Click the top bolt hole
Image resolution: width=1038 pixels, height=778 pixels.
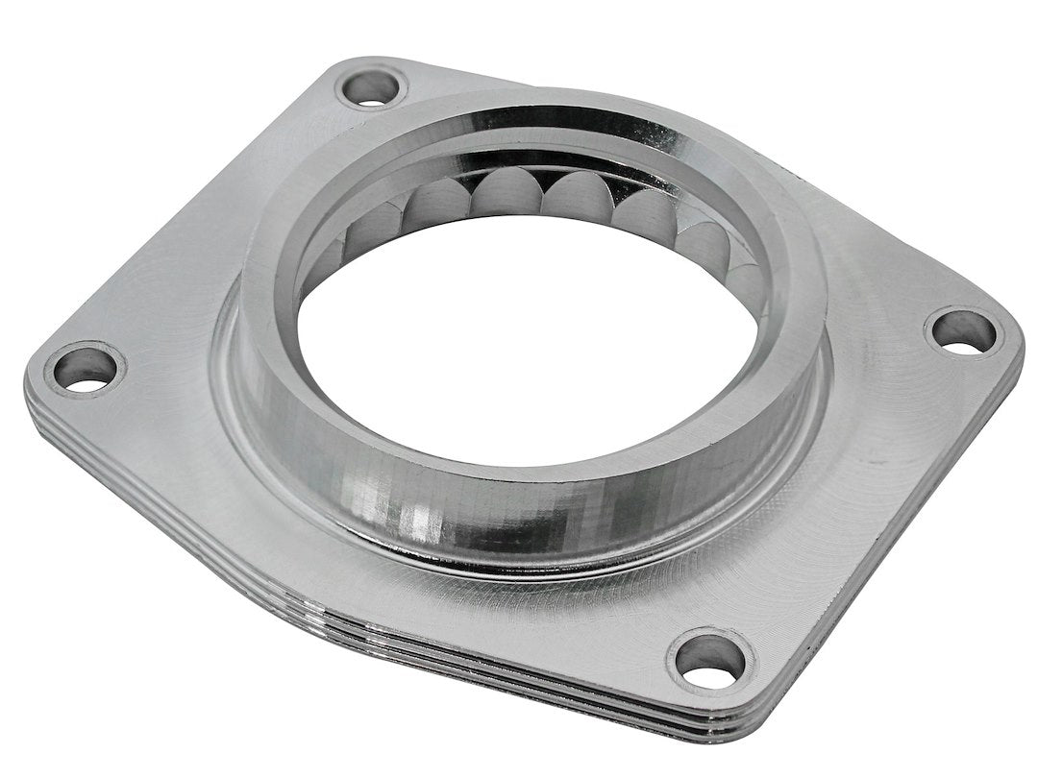click(x=371, y=88)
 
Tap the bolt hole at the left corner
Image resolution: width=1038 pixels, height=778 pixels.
click(x=86, y=369)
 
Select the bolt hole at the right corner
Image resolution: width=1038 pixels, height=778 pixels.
click(x=964, y=331)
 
